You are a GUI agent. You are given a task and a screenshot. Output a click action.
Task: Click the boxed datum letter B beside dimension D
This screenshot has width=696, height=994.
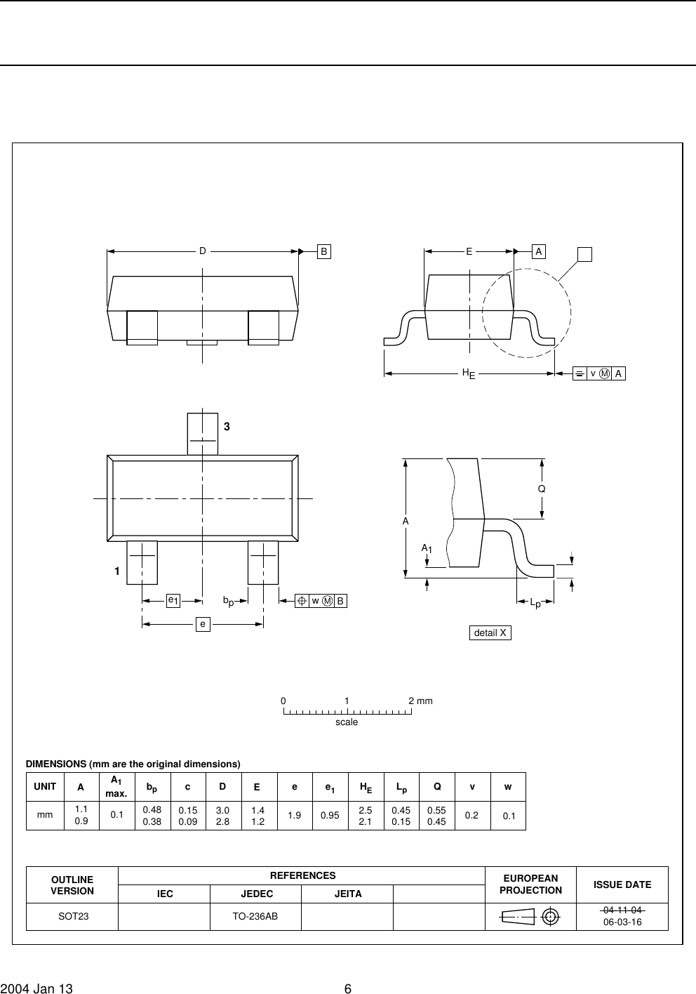coord(324,251)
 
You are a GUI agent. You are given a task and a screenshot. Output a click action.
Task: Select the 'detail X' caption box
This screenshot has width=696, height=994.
coord(490,632)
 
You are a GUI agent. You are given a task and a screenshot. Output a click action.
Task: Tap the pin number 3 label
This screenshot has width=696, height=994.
coord(227,426)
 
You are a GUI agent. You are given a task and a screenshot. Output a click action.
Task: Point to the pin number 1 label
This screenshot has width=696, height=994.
coord(117,571)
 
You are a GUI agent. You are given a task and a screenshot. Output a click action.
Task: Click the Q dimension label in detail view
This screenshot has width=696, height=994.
coord(542,489)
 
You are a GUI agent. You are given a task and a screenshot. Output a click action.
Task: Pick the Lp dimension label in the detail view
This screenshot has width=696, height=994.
coord(536,602)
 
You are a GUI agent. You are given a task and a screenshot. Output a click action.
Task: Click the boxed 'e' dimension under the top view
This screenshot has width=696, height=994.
coord(203,624)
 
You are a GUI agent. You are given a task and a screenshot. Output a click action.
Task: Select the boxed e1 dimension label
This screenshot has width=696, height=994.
coord(173,601)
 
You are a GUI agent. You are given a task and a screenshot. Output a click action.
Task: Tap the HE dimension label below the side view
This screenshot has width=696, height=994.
coord(469,373)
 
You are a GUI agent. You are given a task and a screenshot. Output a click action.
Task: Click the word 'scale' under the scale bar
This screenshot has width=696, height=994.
coord(347,722)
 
